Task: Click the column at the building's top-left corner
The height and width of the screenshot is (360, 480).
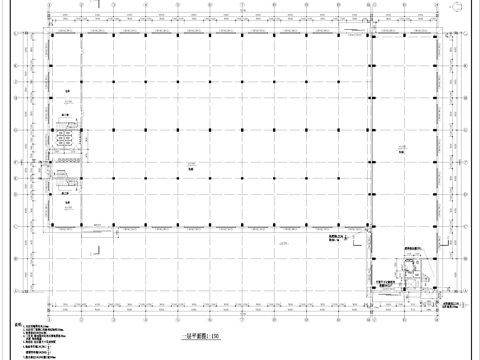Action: pos(53,39)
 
